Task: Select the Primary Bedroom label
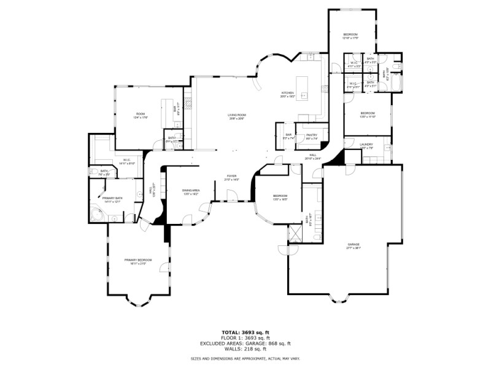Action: pyautogui.click(x=138, y=261)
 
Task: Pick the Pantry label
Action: pyautogui.click(x=311, y=136)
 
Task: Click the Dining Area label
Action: pyautogui.click(x=191, y=192)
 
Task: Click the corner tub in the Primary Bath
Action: pyautogui.click(x=96, y=215)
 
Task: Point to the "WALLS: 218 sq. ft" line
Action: pyautogui.click(x=245, y=349)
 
